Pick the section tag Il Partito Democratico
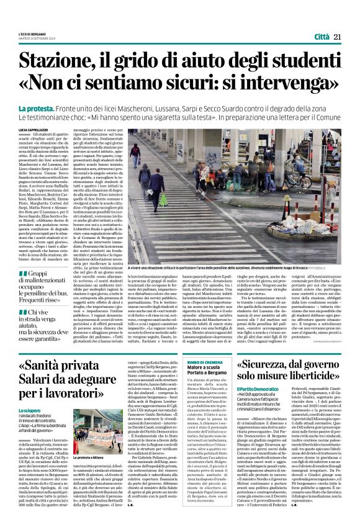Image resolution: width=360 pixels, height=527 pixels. [x=261, y=407]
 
